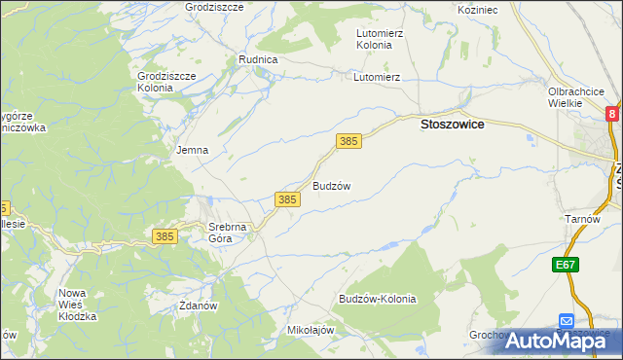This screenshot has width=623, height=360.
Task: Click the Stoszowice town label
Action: click(x=452, y=125)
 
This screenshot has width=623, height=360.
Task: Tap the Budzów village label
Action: click(x=331, y=185)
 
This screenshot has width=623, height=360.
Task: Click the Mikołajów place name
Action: click(x=311, y=330)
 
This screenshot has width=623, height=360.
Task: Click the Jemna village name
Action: click(x=192, y=151)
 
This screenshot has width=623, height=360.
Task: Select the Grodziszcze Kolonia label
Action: click(x=167, y=82)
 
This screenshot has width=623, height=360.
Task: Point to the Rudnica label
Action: click(x=259, y=59)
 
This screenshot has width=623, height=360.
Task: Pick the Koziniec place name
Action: click(x=477, y=9)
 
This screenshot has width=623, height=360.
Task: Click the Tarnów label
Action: click(x=582, y=219)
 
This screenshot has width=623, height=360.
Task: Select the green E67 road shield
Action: click(x=567, y=265)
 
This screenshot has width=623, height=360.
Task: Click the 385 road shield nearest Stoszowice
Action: click(x=349, y=142)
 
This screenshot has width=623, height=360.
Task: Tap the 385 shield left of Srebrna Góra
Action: click(x=165, y=236)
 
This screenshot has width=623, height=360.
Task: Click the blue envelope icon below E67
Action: click(x=567, y=320)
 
